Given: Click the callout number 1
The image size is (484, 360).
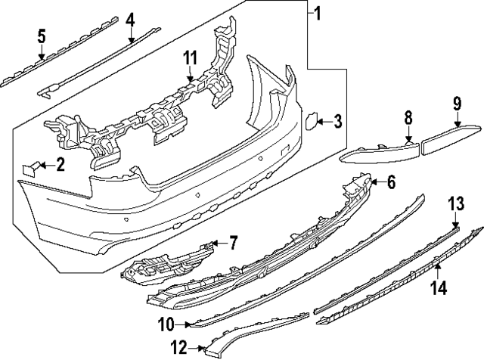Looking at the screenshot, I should pyautogui.click(x=318, y=13).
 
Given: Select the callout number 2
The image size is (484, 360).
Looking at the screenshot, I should pyautogui.click(x=60, y=164).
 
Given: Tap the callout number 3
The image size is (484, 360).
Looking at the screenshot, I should pyautogui.click(x=338, y=120).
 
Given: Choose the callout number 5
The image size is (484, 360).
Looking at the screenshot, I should pyautogui.click(x=42, y=36).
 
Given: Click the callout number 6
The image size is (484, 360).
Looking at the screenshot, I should pyautogui.click(x=391, y=182).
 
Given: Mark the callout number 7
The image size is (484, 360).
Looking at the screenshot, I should pyautogui.click(x=233, y=243).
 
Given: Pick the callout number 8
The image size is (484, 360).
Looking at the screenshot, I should pyautogui.click(x=408, y=117).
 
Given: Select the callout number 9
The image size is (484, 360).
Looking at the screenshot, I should pyautogui.click(x=458, y=102).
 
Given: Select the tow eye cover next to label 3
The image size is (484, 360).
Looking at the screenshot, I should pyautogui.click(x=310, y=121).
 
